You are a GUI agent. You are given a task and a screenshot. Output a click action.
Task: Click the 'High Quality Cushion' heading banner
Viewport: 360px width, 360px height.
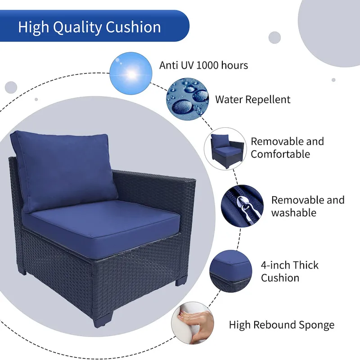click(90, 27)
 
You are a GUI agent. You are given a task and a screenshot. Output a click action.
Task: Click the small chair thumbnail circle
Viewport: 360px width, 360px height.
click(225, 149)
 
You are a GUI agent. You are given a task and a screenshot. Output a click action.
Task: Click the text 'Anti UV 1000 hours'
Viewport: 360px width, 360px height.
click(203, 65)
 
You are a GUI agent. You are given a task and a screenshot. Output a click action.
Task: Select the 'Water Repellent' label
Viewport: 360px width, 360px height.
click(253, 99)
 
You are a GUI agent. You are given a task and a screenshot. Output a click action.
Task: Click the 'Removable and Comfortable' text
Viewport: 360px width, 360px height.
click(287, 148)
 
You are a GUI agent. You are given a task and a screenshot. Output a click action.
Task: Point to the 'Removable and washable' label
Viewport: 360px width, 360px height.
click(307, 206)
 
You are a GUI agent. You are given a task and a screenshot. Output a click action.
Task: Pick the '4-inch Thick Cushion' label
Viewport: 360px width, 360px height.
click(289, 271)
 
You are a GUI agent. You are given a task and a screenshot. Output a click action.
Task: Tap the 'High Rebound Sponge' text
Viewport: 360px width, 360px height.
click(281, 324)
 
